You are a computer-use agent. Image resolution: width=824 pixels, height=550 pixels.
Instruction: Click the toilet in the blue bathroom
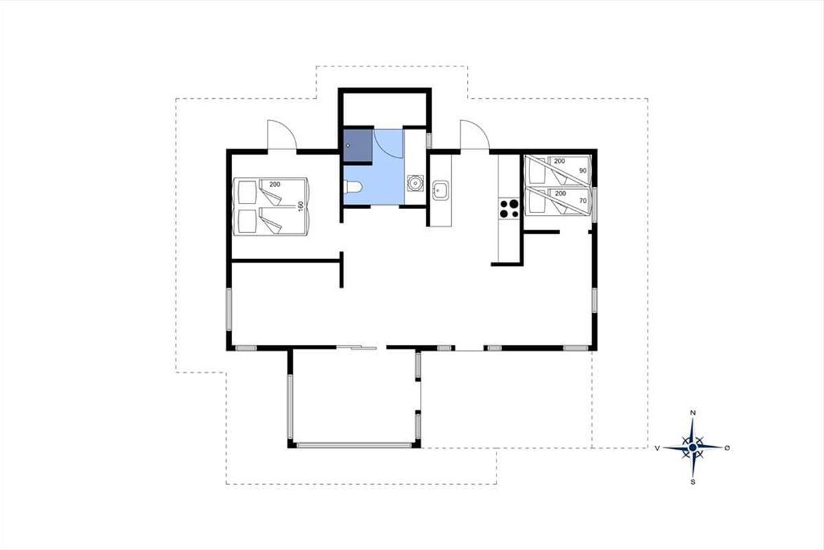(x=353, y=186)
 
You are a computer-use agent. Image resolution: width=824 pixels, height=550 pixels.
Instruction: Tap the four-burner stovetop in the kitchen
(x=509, y=209)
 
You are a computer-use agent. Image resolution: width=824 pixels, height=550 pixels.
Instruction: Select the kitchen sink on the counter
(x=440, y=190)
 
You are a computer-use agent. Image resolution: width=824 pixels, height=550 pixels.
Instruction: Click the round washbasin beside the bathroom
(x=415, y=183)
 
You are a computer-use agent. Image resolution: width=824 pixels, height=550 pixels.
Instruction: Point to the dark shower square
(x=358, y=146)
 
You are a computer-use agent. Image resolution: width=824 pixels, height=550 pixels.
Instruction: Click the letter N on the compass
(x=693, y=413)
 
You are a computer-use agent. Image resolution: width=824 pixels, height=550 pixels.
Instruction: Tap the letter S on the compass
(x=693, y=482)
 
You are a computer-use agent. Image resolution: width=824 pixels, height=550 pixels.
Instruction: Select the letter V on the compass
(x=657, y=448)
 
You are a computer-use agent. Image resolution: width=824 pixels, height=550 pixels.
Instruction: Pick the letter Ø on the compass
(x=727, y=448)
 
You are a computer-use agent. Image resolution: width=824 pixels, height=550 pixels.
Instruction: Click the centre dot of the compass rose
(x=693, y=448)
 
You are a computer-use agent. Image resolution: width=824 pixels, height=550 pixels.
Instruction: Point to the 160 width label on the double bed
(x=301, y=206)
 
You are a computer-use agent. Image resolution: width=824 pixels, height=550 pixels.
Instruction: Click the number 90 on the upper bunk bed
(x=583, y=170)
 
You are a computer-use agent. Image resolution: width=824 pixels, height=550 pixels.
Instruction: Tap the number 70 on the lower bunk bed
(x=583, y=201)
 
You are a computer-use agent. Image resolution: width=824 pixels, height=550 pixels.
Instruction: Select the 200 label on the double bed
(x=275, y=184)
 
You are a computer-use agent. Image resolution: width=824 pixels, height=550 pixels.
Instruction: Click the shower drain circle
(x=348, y=146)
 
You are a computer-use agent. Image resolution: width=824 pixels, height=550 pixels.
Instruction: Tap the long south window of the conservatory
(x=354, y=445)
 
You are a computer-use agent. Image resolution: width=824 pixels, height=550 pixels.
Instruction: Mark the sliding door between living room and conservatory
(x=357, y=347)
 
